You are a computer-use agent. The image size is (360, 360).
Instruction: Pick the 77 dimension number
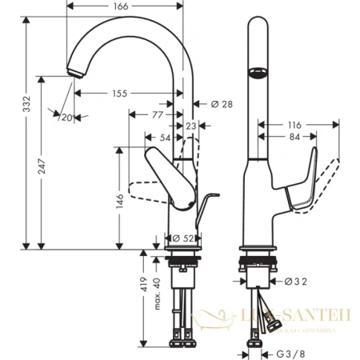157,115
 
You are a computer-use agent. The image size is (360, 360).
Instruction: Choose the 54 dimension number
164,138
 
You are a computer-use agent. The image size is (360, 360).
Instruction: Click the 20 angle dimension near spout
66,118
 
